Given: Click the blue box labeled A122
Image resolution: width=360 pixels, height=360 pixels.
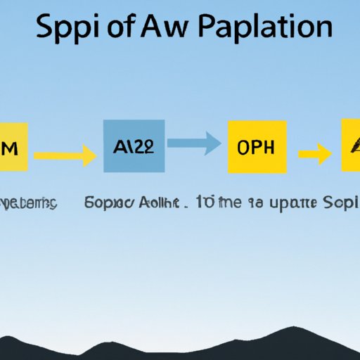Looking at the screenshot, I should click(134, 146).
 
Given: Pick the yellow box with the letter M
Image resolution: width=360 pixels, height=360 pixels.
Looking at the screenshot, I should click(13, 146).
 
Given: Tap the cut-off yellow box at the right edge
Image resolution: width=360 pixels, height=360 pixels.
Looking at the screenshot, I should click(350, 146).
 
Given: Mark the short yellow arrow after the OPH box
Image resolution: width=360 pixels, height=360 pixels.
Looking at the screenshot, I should click(314, 154).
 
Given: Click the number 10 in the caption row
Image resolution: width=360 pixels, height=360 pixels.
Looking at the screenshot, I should click(205, 203).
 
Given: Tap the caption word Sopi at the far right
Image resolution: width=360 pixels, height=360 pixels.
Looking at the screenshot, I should click(340, 203).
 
